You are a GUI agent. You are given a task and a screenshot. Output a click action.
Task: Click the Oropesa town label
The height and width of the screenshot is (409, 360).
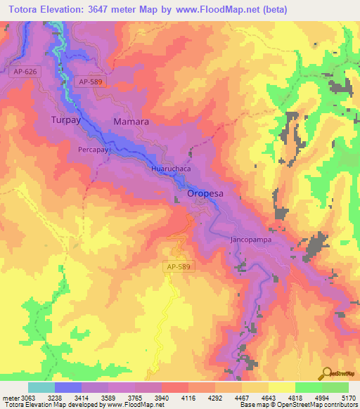(x=205, y=192)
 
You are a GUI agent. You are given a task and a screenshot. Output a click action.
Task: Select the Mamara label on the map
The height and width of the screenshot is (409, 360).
(x=131, y=122)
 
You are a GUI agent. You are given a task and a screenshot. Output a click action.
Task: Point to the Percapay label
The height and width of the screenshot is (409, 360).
(x=92, y=150)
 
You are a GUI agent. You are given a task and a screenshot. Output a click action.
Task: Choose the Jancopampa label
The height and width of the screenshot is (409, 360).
(x=252, y=240)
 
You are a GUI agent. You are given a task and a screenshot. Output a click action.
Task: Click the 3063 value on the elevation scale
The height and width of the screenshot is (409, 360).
(x=28, y=398)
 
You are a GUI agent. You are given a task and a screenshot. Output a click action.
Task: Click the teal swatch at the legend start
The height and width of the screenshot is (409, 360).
(x=41, y=387)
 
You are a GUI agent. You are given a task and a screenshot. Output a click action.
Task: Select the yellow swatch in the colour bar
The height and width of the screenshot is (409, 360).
(x=282, y=387)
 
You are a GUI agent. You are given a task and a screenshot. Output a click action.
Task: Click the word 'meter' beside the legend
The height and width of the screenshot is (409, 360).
(x=11, y=398)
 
